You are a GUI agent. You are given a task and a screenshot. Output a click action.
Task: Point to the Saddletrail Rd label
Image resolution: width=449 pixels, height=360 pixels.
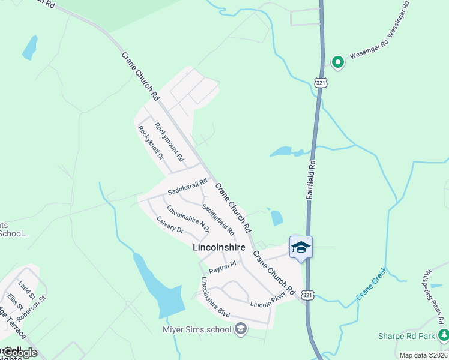187,186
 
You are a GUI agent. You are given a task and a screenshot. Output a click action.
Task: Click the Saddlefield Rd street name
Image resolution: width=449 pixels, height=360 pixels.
218,219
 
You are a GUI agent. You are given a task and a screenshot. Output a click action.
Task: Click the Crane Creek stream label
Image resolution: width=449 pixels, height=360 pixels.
372,285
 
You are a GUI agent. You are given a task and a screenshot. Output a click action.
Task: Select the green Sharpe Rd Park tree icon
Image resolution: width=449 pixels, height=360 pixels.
443,335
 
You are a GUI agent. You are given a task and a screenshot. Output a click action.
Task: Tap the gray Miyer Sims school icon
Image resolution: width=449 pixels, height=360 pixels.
241,328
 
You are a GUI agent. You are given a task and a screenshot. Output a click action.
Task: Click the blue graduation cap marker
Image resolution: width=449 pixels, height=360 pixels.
301,247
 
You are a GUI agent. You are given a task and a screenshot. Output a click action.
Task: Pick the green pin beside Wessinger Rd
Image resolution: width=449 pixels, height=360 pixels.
337,61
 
